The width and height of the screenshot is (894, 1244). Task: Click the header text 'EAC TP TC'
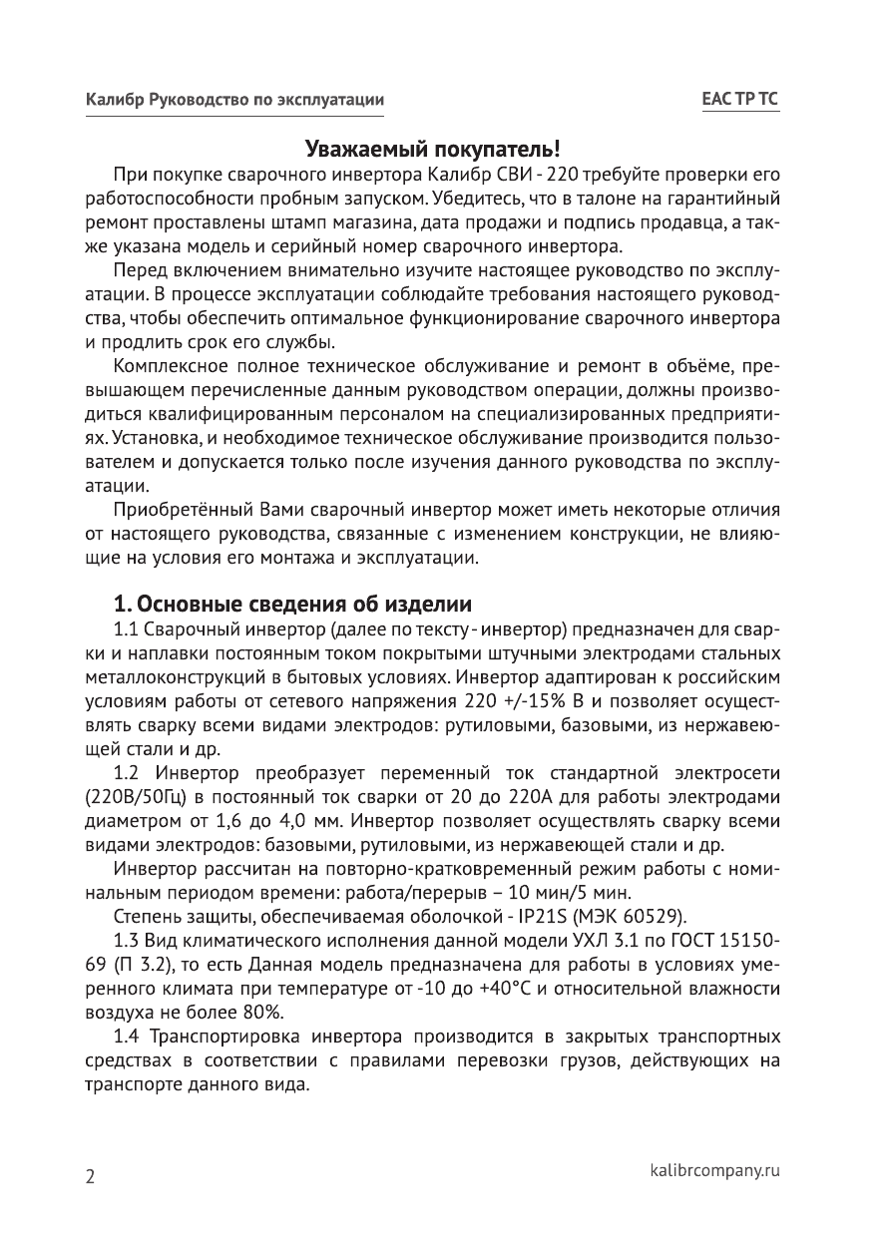740,101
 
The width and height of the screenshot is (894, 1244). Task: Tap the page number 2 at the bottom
90,1176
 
